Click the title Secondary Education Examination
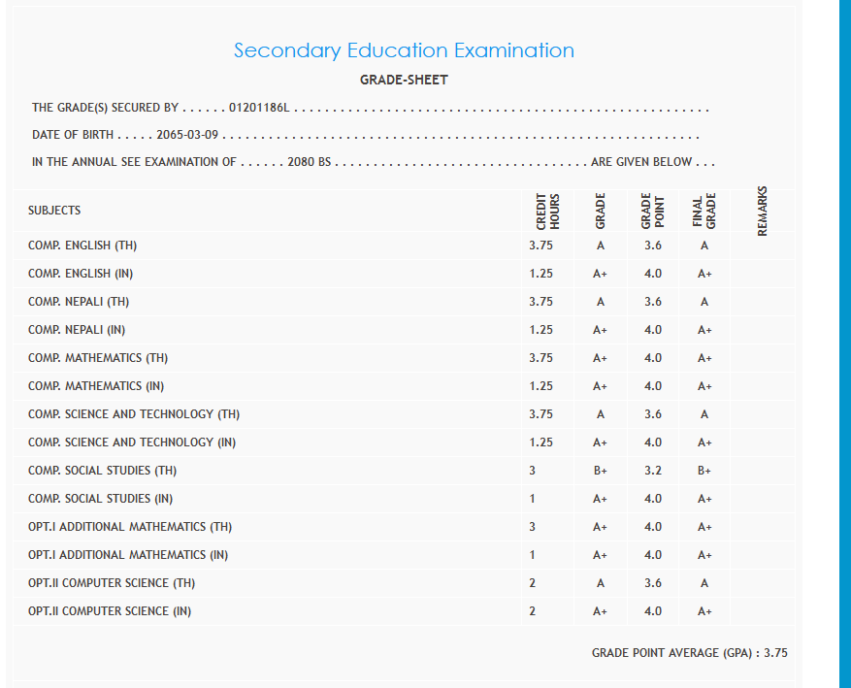coord(404,50)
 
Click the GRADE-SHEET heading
coord(404,80)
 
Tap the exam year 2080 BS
coord(311,162)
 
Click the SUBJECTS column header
coord(54,211)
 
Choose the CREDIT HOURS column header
coord(548,211)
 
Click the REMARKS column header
coord(763,211)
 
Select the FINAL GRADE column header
coord(704,211)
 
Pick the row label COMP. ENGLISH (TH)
coord(82,246)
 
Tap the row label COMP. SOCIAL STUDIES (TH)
coord(102,471)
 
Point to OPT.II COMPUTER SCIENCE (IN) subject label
coord(110,611)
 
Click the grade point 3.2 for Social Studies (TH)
coord(653,471)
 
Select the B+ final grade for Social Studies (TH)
coord(704,471)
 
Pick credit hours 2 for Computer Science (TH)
coord(533,583)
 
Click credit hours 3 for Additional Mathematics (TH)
coord(533,527)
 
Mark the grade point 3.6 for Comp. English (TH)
coord(653,246)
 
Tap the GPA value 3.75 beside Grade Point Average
coord(775,653)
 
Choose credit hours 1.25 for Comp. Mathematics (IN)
coord(541,386)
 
